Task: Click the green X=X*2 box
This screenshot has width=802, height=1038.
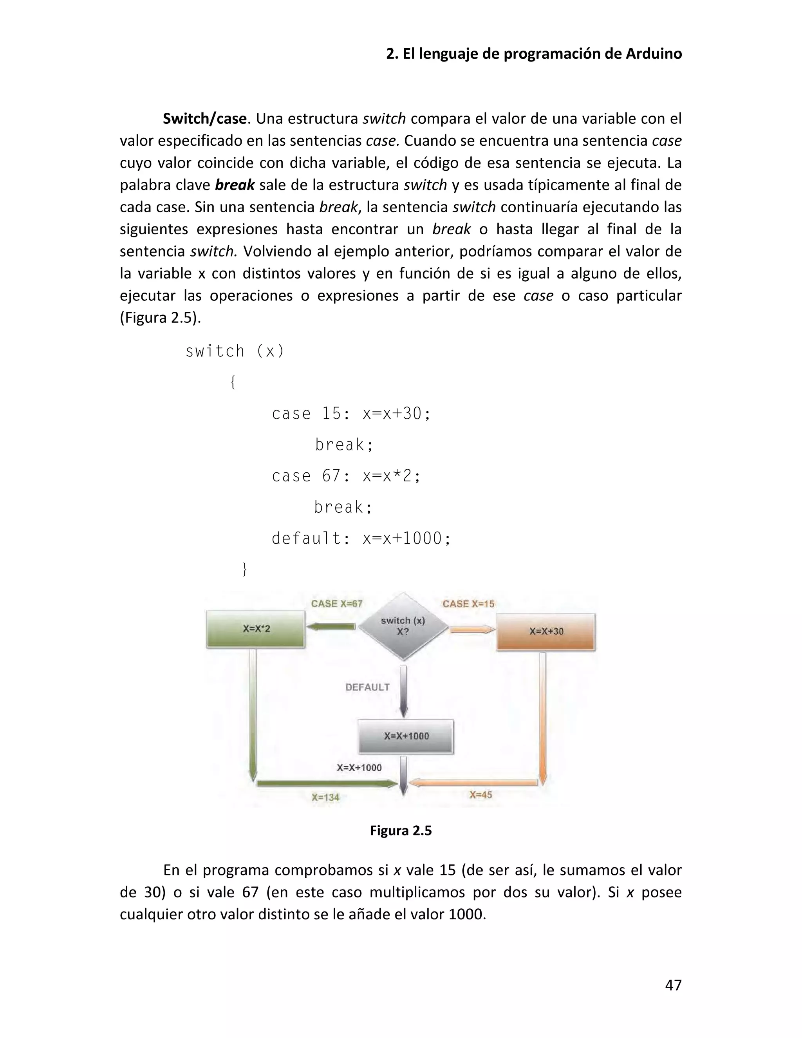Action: pos(256,629)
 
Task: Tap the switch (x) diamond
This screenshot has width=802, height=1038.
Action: pos(403,626)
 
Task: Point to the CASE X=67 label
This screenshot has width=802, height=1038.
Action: pos(336,604)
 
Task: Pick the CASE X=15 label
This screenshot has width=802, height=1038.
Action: pos(468,604)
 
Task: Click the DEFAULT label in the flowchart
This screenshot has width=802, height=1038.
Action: pos(367,687)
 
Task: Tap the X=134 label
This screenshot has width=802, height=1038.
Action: pos(325,797)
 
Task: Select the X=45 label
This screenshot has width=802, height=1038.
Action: pos(481,795)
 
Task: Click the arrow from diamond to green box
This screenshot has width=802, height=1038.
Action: pos(331,627)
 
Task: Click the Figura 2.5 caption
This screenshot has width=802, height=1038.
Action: pos(401,830)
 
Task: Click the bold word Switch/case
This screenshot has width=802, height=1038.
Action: pos(205,118)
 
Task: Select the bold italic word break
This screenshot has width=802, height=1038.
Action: pos(235,185)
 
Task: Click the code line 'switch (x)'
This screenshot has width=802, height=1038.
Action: pos(235,351)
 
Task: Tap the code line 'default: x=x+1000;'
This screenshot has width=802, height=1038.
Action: pos(361,539)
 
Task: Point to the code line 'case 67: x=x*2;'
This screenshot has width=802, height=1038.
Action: pos(346,476)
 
